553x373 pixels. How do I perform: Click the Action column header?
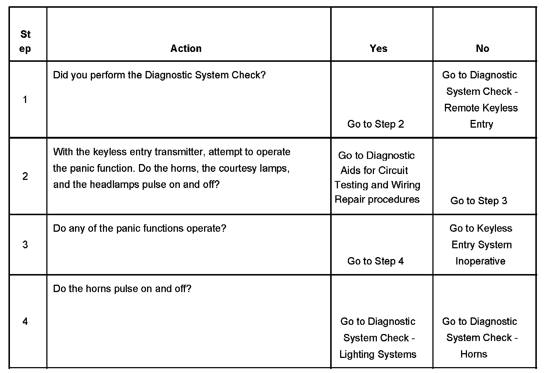click(x=186, y=49)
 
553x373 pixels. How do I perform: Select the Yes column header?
click(x=378, y=49)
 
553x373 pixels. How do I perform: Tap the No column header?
click(x=482, y=49)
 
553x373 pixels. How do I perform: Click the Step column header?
click(x=25, y=41)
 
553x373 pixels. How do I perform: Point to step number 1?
click(x=25, y=99)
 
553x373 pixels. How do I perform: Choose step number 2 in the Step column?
click(x=25, y=176)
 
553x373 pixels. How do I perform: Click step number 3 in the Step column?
click(x=25, y=245)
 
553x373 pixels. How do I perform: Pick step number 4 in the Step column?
click(x=25, y=322)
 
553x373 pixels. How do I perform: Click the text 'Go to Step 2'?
click(x=375, y=124)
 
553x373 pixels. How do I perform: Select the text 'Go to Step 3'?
click(x=478, y=201)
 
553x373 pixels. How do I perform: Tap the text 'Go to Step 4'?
click(x=375, y=261)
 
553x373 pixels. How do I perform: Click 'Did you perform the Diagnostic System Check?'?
click(x=159, y=75)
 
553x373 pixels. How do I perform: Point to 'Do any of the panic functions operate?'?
click(x=140, y=228)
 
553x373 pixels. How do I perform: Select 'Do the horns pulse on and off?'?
click(x=122, y=289)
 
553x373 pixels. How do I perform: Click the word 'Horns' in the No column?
click(x=474, y=354)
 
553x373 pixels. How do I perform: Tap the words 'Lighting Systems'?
click(x=378, y=354)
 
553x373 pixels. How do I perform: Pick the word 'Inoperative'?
click(x=480, y=261)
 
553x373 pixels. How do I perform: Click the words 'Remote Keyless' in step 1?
click(x=481, y=108)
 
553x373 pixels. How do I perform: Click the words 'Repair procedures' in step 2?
click(x=377, y=199)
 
